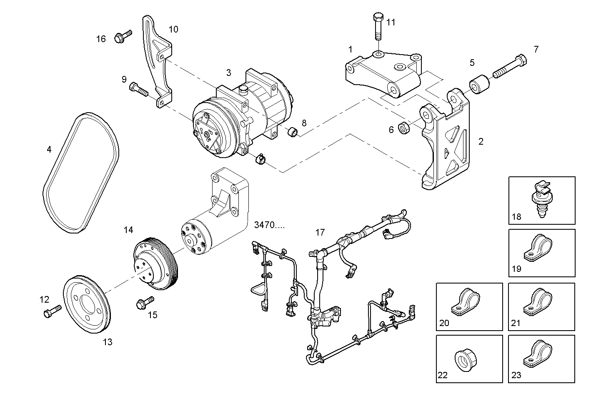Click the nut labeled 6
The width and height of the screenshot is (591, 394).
[x=404, y=127]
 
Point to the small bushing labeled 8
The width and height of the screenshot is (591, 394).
[x=293, y=133]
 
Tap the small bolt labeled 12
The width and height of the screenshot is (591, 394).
[x=51, y=311]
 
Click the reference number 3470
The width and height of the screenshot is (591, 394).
[x=269, y=225]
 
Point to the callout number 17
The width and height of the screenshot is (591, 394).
[x=320, y=233]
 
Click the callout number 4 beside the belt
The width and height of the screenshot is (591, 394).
[x=49, y=149]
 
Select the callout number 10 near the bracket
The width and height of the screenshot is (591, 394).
[x=173, y=29]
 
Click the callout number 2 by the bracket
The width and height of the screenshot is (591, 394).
[x=481, y=141]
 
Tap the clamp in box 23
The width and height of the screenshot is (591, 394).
[x=538, y=354]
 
